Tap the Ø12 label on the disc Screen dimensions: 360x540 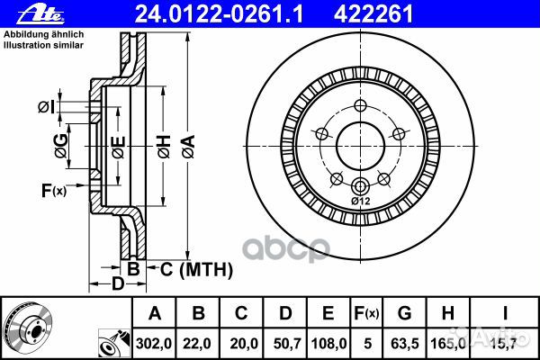(360, 201)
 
